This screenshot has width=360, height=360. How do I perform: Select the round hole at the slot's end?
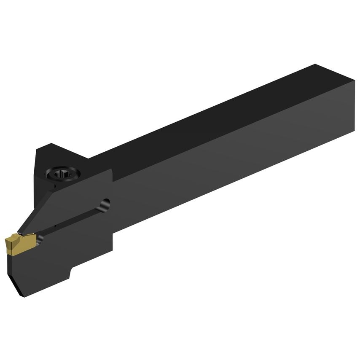tap(105, 204)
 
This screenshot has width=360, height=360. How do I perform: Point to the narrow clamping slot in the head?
tap(72, 221)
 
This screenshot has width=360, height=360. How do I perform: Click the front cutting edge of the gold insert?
tap(8, 244)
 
